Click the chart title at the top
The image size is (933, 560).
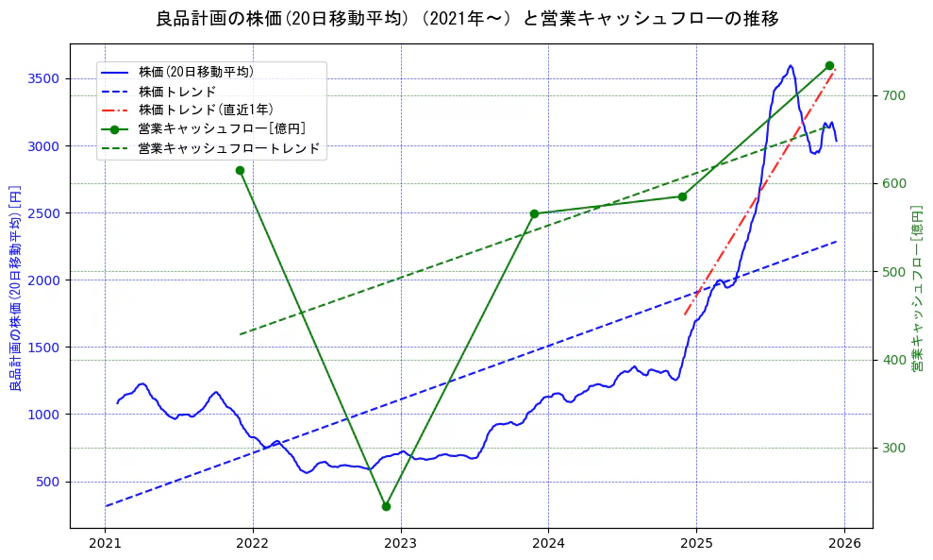click(467, 19)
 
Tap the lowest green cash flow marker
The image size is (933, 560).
click(386, 506)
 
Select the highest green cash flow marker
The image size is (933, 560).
click(829, 65)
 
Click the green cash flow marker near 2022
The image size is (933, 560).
click(240, 170)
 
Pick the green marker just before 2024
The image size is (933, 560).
click(534, 213)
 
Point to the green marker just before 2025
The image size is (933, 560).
click(682, 196)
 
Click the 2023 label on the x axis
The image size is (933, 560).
click(401, 543)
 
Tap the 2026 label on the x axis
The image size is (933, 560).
click(844, 543)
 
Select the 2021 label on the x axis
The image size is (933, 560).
click(105, 543)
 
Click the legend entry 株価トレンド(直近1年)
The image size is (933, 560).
click(206, 110)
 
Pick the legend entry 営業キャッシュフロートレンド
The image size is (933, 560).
click(228, 148)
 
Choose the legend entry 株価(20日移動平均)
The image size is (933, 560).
click(195, 71)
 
